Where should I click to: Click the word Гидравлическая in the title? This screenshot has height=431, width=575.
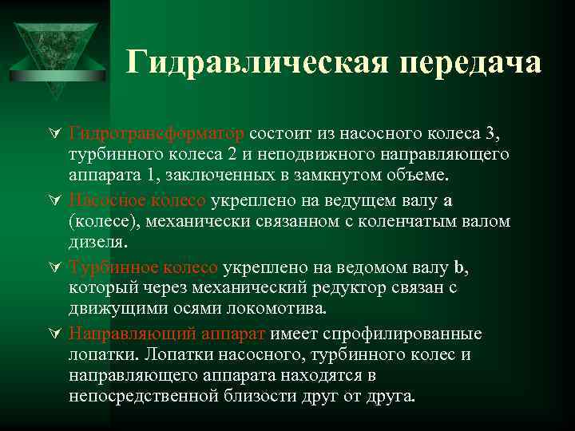[240, 62]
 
